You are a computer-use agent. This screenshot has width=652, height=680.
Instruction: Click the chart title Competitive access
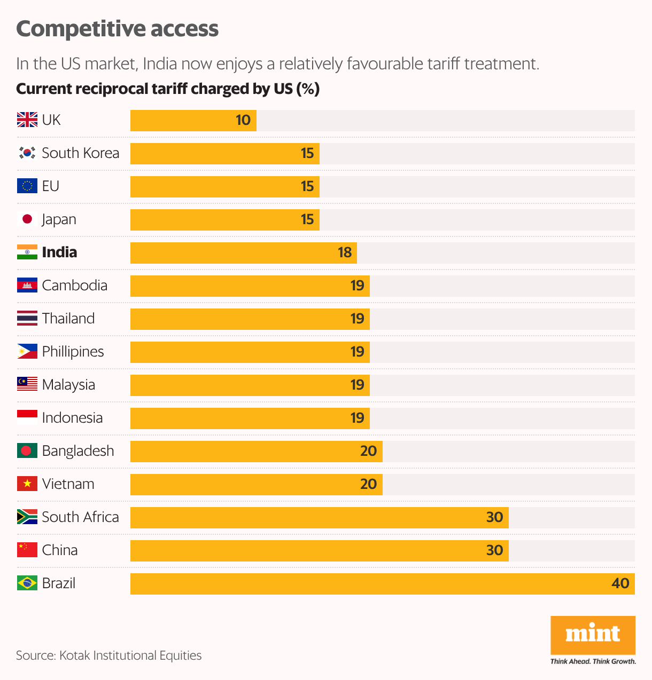[117, 29]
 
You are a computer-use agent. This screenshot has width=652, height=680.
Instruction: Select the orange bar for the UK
[193, 121]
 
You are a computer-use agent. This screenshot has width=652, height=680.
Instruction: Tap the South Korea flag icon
[27, 153]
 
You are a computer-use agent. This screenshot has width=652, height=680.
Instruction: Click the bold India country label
[59, 252]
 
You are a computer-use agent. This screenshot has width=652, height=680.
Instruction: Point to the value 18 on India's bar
[345, 252]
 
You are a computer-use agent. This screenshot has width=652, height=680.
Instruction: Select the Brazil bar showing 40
[382, 583]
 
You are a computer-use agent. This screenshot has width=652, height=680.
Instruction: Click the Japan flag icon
[27, 219]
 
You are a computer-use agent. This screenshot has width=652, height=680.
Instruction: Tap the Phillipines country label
[73, 352]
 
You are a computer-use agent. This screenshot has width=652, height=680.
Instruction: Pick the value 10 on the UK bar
[243, 120]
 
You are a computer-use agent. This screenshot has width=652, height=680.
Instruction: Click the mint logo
[593, 634]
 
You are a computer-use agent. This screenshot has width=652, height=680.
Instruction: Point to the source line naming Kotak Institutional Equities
[109, 655]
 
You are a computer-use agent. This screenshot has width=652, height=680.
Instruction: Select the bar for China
[319, 550]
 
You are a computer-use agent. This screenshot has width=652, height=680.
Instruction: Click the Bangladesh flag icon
[27, 451]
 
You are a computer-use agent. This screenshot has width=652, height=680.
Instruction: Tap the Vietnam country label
[68, 484]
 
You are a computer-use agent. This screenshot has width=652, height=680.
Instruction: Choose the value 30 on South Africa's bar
[494, 517]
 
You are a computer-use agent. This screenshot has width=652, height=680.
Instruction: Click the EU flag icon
[27, 186]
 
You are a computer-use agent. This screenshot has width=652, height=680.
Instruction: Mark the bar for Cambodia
[250, 286]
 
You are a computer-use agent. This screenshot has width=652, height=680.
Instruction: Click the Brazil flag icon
[27, 583]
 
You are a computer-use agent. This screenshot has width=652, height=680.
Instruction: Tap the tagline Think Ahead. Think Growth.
[593, 661]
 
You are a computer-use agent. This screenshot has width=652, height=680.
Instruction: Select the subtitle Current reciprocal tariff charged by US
[167, 89]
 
